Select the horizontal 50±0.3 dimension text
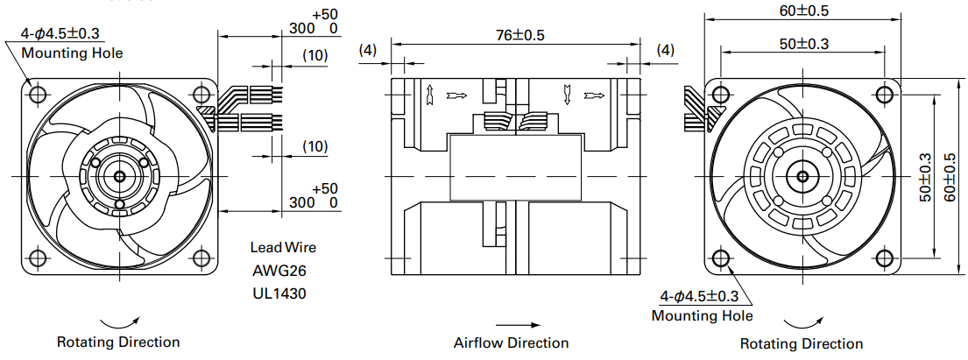click(x=802, y=43)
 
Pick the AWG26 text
click(x=279, y=271)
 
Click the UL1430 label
click(x=279, y=294)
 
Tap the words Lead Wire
click(x=283, y=248)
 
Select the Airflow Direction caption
click(x=512, y=342)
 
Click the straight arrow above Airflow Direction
click(x=519, y=325)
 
